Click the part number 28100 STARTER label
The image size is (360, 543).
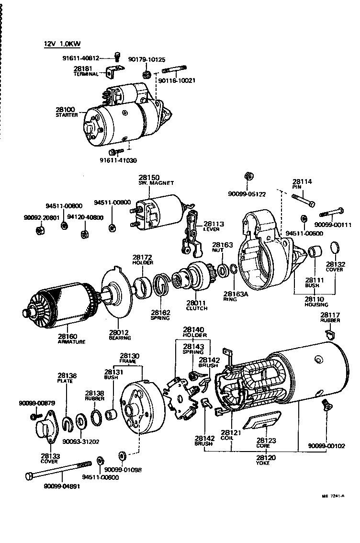[x=66, y=112]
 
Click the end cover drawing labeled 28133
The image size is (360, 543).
[x=46, y=429]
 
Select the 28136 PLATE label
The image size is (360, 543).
[x=67, y=378]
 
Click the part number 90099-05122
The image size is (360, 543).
[x=247, y=194]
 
